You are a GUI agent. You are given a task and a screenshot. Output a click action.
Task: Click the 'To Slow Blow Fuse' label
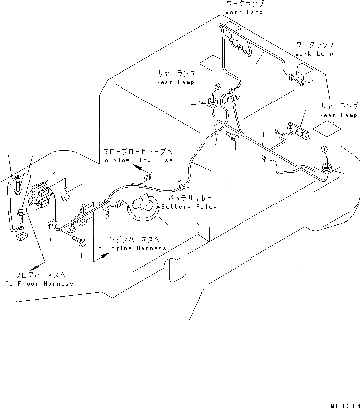pyautogui.click(x=136, y=160)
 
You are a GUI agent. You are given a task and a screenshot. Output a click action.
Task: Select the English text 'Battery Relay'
pyautogui.click(x=189, y=207)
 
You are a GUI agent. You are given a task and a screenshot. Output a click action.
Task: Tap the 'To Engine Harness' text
pyautogui.click(x=130, y=248)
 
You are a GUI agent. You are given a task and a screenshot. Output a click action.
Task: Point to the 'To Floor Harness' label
pyautogui.click(x=39, y=284)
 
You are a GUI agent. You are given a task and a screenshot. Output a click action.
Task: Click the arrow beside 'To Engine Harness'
pyautogui.click(x=103, y=255)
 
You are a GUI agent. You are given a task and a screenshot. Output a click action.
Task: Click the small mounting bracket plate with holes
pyautogui.click(x=297, y=130)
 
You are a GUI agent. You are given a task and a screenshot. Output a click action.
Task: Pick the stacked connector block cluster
pyautogui.click(x=40, y=197)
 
